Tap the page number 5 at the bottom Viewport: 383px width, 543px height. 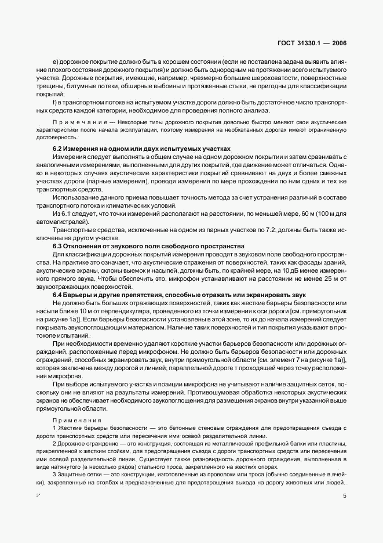coord(344,496)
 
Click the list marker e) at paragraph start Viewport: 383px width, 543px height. coord(55,61)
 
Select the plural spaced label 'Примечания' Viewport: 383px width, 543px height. coord(77,419)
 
